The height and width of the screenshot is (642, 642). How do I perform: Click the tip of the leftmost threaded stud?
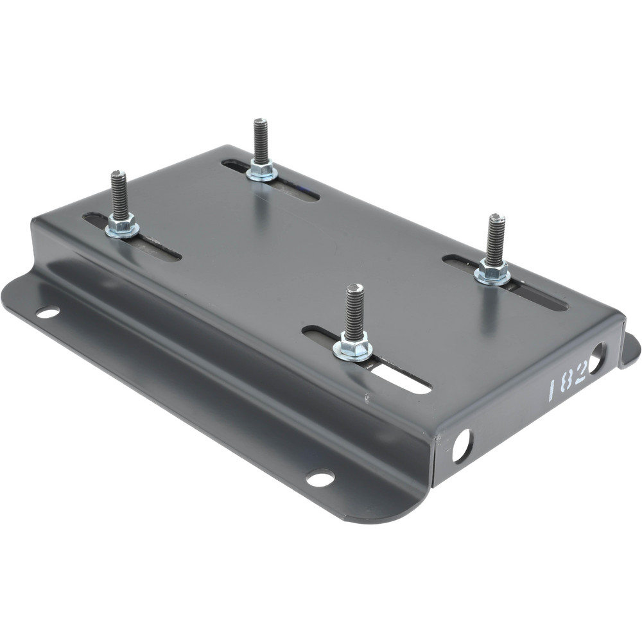[x=118, y=173]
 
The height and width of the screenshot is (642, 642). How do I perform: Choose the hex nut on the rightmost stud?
[x=492, y=272]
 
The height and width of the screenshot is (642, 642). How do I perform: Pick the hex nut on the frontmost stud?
[x=352, y=348]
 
